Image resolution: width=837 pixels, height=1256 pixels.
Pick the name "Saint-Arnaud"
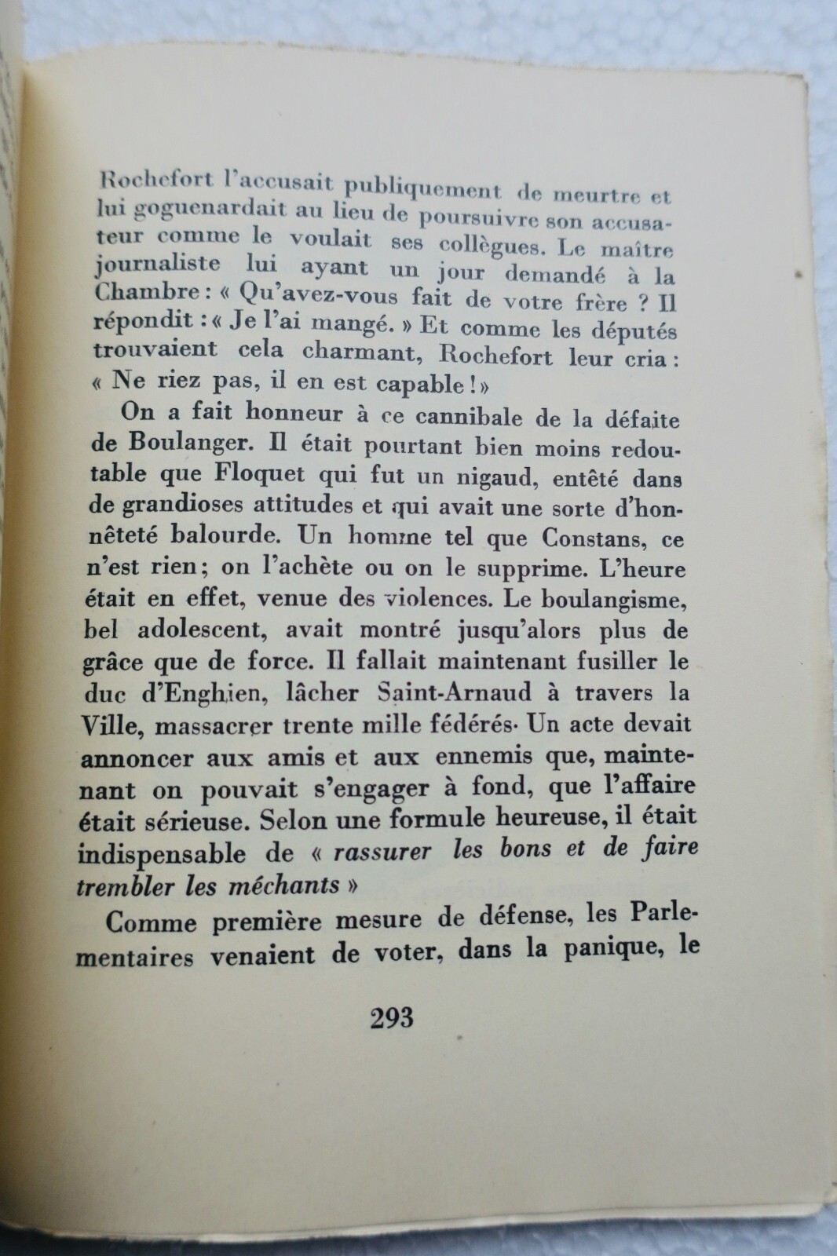click(455, 694)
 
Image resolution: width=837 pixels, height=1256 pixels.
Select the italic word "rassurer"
click(384, 851)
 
